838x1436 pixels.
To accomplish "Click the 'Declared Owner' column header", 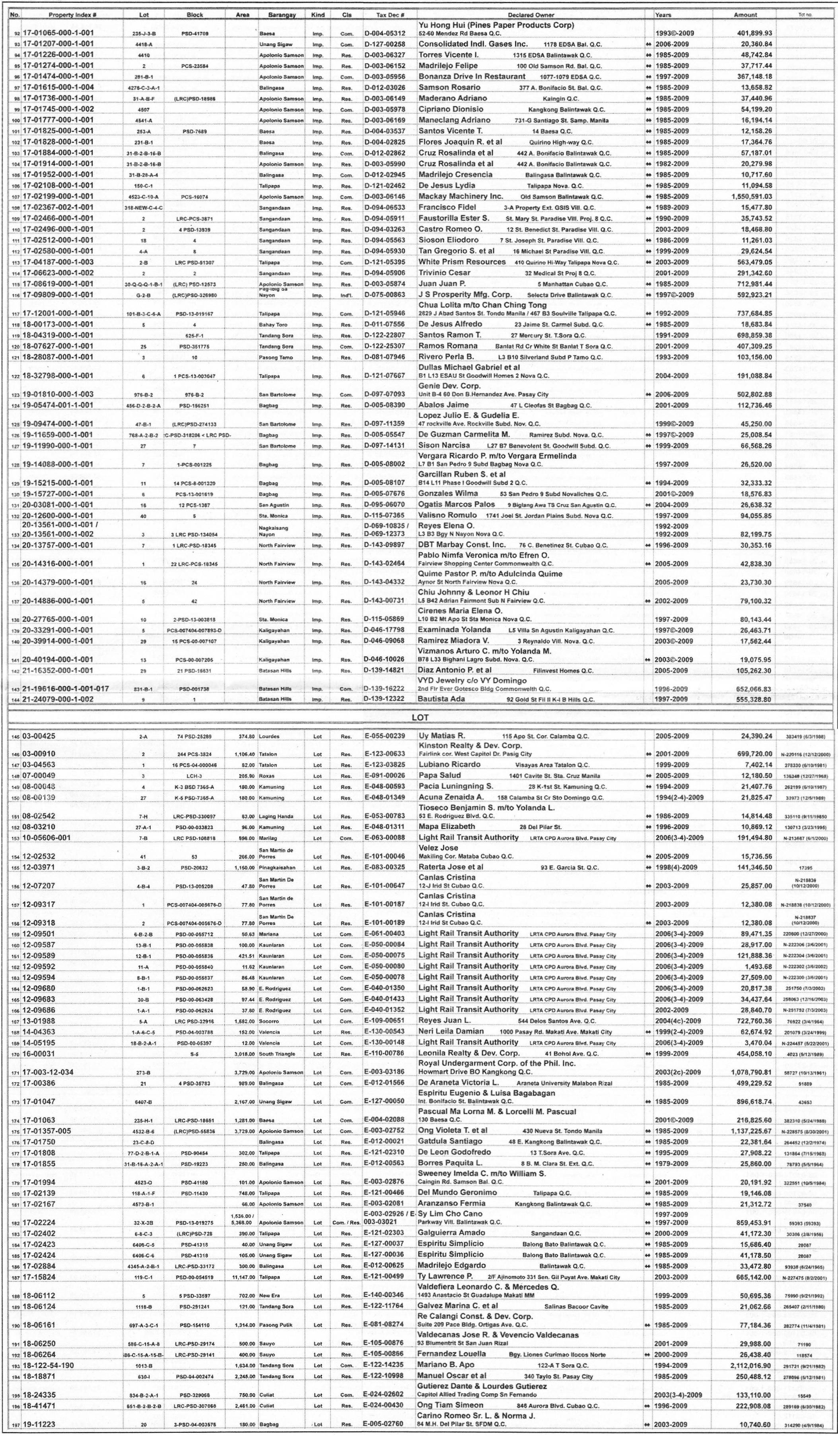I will [x=531, y=15].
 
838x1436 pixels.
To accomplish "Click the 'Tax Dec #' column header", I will [x=391, y=15].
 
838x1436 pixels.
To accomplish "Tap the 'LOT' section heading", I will [x=420, y=717].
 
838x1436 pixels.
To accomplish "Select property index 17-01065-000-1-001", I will [x=58, y=33].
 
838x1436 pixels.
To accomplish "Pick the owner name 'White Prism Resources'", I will [x=462, y=262].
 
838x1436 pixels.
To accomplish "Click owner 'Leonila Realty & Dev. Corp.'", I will [x=469, y=1053].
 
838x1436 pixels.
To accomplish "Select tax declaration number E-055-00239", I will [x=385, y=736].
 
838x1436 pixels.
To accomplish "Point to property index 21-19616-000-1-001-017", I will [x=66, y=688].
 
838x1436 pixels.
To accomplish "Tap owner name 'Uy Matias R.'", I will [x=442, y=736].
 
